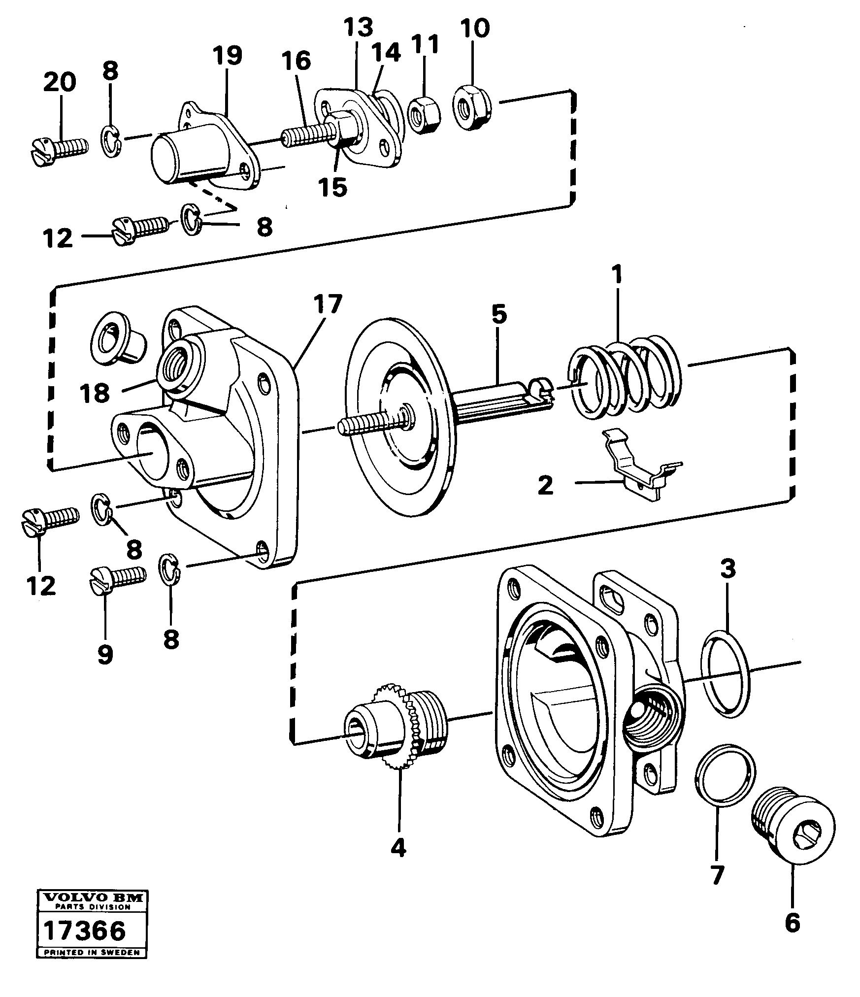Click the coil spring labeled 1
tap(626, 376)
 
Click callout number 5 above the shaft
tap(498, 315)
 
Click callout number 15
tap(332, 187)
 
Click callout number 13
tap(358, 28)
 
